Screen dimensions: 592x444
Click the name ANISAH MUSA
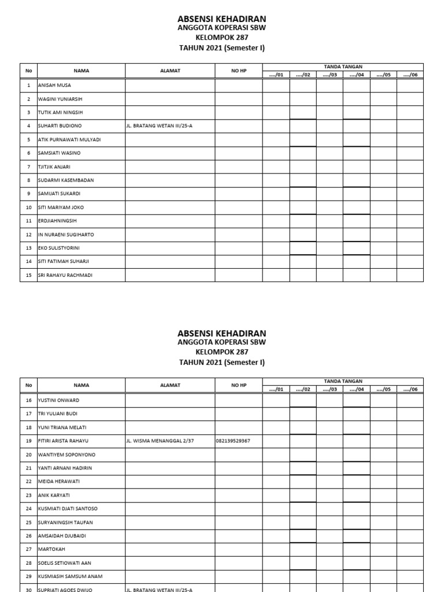pos(54,85)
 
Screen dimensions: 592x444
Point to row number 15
pos(28,275)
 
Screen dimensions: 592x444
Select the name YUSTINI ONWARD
pos(58,400)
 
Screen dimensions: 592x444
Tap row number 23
pos(28,495)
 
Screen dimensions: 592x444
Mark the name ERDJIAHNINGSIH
pos(58,221)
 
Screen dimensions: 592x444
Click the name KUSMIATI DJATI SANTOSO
pos(68,509)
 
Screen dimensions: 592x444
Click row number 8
pos(28,180)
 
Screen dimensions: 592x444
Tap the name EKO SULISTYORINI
pos(59,248)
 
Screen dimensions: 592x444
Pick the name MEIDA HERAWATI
pos(58,482)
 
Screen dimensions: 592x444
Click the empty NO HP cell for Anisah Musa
pos(239,85)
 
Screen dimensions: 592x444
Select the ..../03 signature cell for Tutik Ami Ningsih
pos(330,112)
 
